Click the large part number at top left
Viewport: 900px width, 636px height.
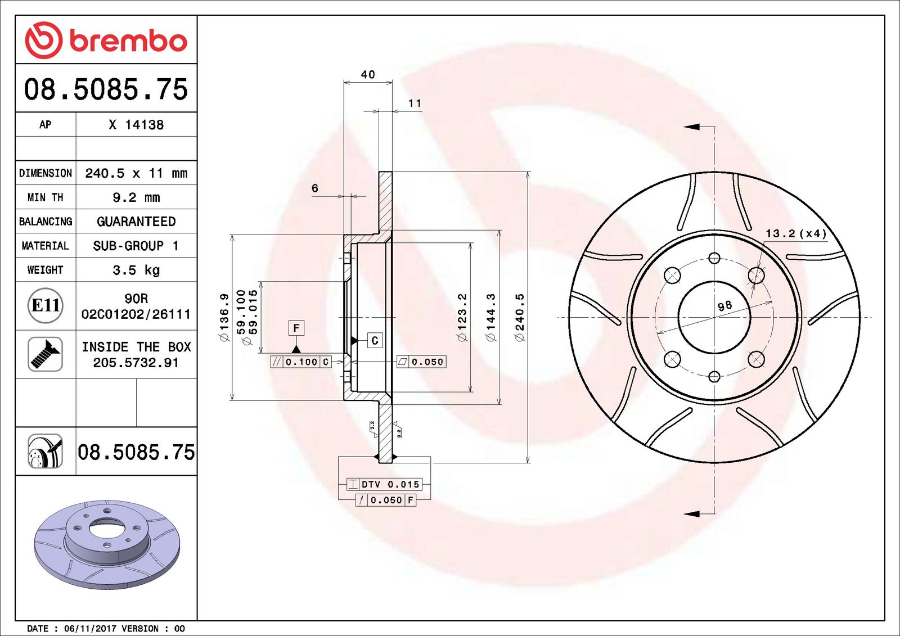(106, 89)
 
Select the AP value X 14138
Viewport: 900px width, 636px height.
(136, 125)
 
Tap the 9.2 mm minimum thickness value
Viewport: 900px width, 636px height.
(136, 197)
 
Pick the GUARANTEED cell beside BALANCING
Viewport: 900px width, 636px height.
(136, 222)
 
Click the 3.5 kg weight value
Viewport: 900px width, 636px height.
(136, 270)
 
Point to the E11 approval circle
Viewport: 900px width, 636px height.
(45, 305)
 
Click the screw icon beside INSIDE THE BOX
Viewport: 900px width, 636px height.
(45, 354)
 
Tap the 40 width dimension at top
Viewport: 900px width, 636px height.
(368, 74)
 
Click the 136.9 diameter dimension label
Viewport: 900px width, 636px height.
(224, 317)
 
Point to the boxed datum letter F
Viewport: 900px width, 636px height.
(296, 328)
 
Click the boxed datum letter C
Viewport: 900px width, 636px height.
(375, 340)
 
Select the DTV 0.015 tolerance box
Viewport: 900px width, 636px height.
(385, 484)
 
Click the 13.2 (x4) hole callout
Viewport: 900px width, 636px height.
(795, 233)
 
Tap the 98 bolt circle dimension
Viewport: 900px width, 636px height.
(724, 305)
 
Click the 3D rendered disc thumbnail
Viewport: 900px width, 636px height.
(107, 544)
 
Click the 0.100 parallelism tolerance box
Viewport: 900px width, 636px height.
(301, 362)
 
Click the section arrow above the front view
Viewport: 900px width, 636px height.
(692, 127)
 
